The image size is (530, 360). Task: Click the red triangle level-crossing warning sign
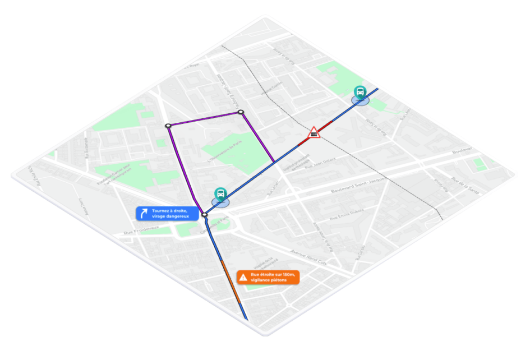point(315,133)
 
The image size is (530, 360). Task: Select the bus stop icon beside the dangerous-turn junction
point(220,194)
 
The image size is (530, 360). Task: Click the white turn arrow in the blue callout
point(144,213)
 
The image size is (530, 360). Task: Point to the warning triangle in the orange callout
point(243,277)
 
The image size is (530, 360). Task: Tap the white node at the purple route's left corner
point(168,126)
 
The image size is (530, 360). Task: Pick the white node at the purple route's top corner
point(241,113)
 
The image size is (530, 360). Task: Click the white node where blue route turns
point(204,215)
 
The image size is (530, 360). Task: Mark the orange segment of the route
point(230,280)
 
